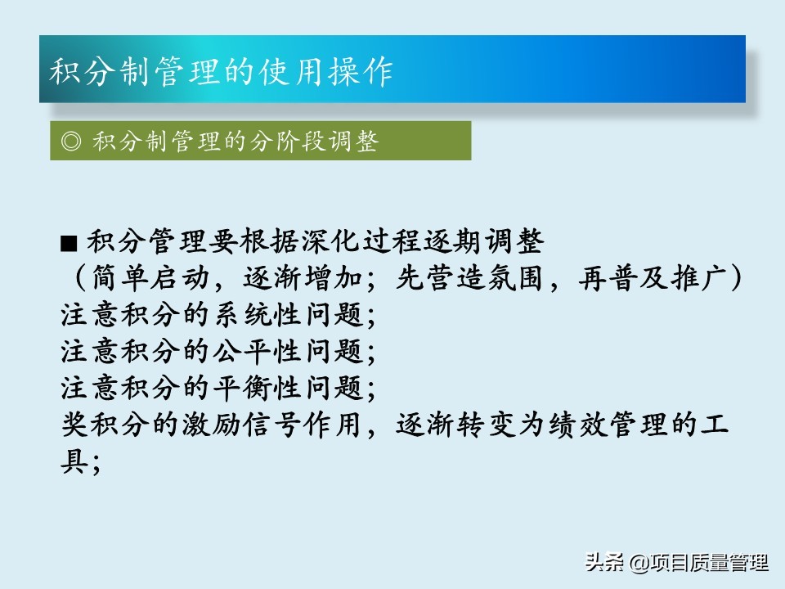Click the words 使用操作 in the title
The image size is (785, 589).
coord(326,71)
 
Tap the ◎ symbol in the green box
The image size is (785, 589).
coord(70,141)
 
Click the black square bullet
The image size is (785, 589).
coord(69,244)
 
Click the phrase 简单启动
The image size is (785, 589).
coord(150,278)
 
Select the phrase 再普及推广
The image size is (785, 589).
coord(653,278)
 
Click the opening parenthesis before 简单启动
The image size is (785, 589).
coord(80,278)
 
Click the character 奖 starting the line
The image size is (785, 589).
coord(75,425)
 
